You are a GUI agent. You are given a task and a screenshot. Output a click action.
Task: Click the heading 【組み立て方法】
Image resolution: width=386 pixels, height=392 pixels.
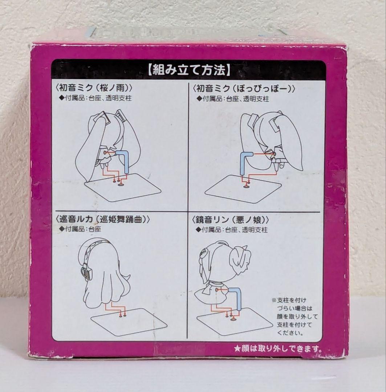[189, 70]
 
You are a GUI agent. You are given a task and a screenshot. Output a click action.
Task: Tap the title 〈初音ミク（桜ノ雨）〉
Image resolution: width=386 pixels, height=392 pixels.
[94, 88]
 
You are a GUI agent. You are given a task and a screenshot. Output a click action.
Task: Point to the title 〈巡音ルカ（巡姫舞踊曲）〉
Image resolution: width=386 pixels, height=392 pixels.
[102, 219]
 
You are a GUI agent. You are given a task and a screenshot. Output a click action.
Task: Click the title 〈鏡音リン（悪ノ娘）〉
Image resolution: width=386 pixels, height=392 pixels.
[230, 220]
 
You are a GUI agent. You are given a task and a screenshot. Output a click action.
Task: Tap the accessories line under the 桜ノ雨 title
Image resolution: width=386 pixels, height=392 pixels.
[95, 98]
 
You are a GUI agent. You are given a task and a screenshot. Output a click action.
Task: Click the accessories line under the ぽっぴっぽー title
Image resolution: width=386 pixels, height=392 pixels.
[233, 99]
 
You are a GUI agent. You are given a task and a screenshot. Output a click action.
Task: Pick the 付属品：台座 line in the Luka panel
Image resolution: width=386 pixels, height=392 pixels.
[80, 229]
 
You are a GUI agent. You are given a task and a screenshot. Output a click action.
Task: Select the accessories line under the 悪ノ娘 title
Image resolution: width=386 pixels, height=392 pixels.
[232, 230]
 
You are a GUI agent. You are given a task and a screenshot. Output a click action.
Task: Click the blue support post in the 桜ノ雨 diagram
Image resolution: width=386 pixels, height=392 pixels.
[126, 160]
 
